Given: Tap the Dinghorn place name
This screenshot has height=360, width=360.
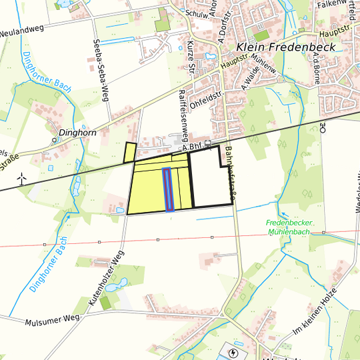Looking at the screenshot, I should [79, 133].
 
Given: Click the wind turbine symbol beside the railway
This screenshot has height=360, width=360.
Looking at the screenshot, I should [21, 179].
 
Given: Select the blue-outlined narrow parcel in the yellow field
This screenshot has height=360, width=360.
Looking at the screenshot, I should [167, 189].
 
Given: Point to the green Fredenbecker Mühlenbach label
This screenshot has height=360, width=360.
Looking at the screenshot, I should [293, 227].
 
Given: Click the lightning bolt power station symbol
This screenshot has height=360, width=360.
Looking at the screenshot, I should [233, 353].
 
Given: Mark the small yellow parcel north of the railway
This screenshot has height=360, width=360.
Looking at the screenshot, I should [129, 153].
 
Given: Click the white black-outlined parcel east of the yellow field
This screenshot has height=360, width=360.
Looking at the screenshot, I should [212, 183].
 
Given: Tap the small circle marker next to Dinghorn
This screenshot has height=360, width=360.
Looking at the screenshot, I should [55, 141].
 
